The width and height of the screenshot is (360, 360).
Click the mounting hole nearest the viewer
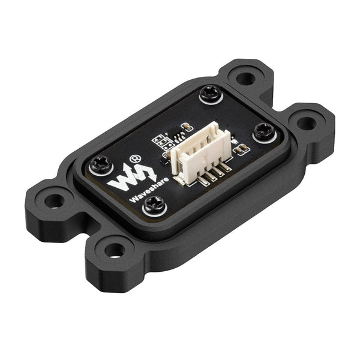115,249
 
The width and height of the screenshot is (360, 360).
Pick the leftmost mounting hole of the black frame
53,199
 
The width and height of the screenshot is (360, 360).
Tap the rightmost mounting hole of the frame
306,123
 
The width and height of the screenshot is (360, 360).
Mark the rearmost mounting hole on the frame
245,77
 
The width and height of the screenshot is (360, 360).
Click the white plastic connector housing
198,150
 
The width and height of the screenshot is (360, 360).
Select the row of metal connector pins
210,174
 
